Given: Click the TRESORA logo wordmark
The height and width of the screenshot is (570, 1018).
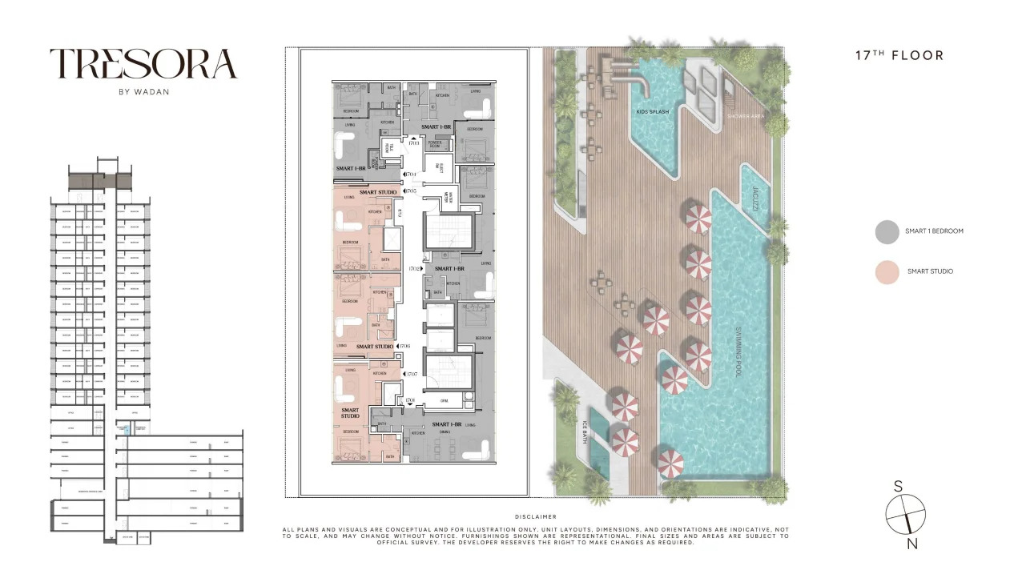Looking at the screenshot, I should [x=144, y=64].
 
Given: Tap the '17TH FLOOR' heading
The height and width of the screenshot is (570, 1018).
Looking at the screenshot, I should [x=899, y=56].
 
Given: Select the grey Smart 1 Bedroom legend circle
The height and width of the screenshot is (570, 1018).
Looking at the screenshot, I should [x=887, y=231].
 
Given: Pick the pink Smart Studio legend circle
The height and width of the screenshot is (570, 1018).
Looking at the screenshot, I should [x=887, y=271].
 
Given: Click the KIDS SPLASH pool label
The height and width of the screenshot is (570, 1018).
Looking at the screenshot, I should [x=653, y=112].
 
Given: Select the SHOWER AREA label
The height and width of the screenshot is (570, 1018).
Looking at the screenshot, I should [x=746, y=116].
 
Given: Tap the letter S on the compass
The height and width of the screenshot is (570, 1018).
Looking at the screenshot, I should [x=899, y=487].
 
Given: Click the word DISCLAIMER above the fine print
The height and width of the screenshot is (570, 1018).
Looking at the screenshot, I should [x=536, y=517].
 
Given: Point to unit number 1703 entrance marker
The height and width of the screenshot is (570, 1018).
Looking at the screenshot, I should [x=413, y=142].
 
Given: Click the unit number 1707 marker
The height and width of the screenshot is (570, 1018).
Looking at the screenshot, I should [x=413, y=374].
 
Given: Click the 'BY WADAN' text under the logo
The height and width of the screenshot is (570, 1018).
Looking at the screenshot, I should [x=144, y=91].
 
